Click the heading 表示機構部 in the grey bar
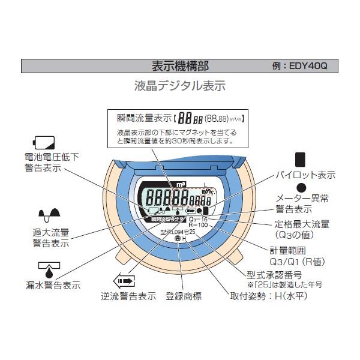(179, 65)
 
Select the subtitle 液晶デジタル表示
(179, 86)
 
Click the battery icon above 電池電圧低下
(43, 143)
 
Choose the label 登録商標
(184, 296)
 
